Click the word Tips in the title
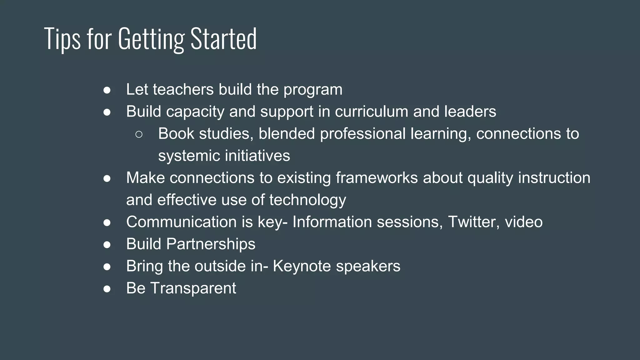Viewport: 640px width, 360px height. coord(62,39)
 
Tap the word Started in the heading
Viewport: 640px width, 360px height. coord(223,39)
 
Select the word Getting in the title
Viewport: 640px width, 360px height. coord(151,39)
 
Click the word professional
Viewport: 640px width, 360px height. coord(362,134)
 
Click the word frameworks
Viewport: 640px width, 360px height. coord(377,178)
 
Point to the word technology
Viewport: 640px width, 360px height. coord(307,200)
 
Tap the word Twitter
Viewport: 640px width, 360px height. coord(472,222)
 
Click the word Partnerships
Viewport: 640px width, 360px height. coord(211,244)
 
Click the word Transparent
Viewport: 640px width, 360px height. coord(193,288)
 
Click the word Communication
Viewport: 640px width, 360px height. coord(181,222)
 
